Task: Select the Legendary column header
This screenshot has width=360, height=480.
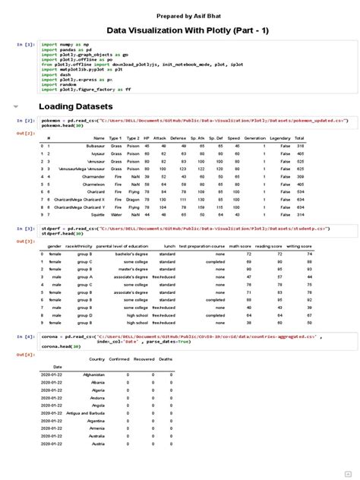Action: pos(280,138)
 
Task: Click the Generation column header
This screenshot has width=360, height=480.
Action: pos(254,138)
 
